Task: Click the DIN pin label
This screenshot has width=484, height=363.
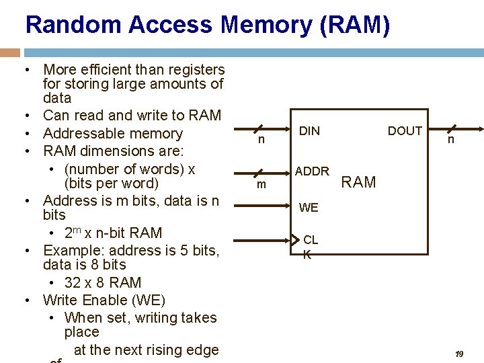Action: point(309,131)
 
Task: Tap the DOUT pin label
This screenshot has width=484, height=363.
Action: point(405,131)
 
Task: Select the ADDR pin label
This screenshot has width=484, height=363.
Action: point(312,171)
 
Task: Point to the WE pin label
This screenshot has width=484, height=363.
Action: point(309,208)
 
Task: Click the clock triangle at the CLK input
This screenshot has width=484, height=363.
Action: point(296,240)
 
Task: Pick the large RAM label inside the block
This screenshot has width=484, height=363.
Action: point(359,182)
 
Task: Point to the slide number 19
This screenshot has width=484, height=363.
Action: point(460,354)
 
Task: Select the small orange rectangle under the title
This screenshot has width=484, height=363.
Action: point(10,52)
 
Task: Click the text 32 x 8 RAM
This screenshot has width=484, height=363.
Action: point(103,282)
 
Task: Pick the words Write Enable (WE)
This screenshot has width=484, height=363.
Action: point(104,300)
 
